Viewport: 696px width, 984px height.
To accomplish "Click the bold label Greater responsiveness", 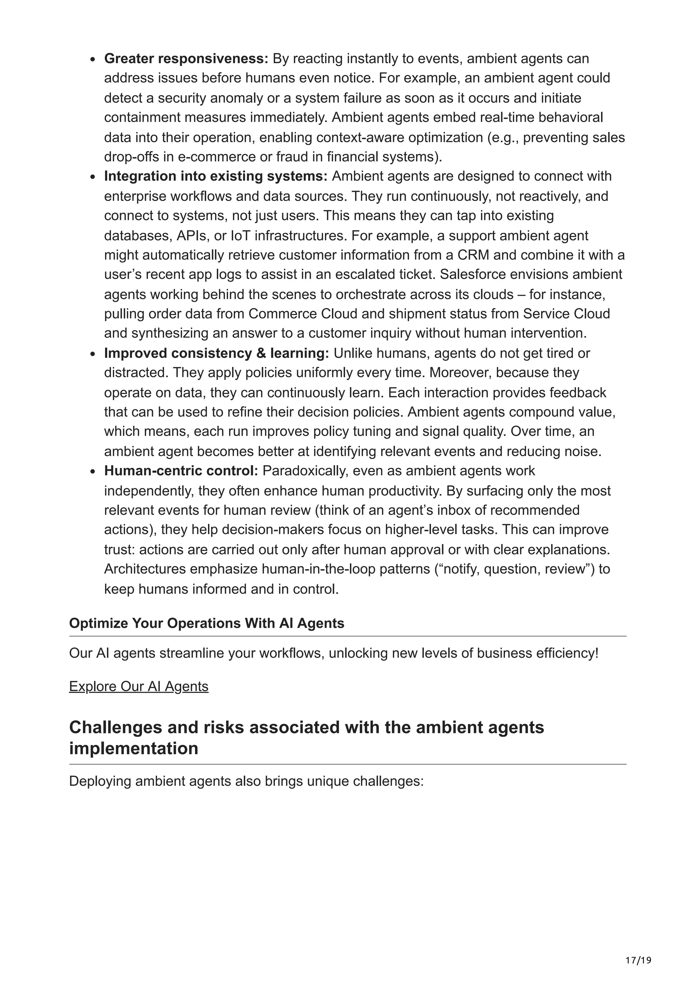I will tap(186, 58).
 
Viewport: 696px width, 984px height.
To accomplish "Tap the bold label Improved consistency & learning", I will tap(216, 353).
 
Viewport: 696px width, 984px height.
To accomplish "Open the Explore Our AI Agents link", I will tap(139, 686).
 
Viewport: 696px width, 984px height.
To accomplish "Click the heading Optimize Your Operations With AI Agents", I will tap(206, 623).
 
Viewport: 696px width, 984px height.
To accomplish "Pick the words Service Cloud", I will tap(566, 314).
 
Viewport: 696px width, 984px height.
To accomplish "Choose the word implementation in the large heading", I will tap(133, 748).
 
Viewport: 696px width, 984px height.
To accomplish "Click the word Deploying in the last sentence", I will tap(100, 781).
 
